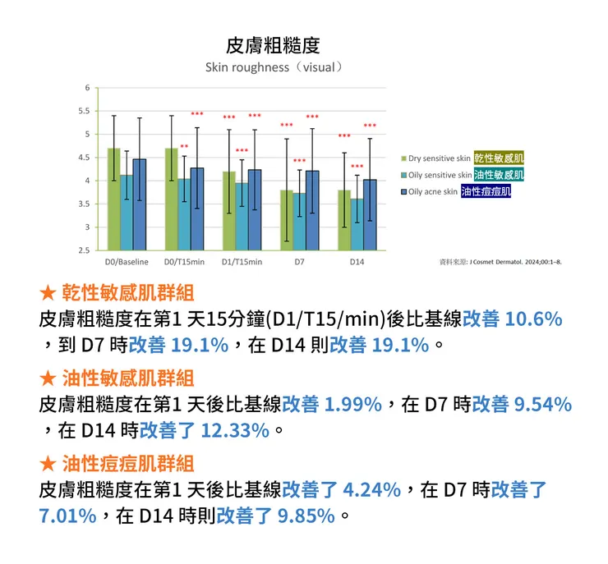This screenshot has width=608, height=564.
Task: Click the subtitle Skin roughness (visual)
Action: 273,66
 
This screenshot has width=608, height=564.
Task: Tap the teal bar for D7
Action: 299,222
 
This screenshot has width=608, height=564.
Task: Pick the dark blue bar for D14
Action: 370,215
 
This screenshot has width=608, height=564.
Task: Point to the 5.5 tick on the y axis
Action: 85,110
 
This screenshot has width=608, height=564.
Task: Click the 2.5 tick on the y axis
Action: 85,250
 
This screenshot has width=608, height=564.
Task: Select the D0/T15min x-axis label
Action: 184,262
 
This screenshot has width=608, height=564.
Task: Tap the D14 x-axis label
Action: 357,262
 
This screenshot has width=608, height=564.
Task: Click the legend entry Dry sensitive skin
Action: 439,158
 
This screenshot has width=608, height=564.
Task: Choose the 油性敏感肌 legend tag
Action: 499,175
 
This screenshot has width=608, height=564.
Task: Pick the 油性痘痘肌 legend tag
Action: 486,191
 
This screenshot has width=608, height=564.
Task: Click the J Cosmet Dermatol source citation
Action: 500,261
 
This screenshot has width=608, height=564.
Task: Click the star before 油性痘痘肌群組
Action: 47,462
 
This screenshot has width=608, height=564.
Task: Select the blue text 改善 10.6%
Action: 512,319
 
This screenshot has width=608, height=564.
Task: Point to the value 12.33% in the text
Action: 235,430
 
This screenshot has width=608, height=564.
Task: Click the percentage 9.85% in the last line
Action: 306,516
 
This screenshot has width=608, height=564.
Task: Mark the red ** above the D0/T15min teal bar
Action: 184,147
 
